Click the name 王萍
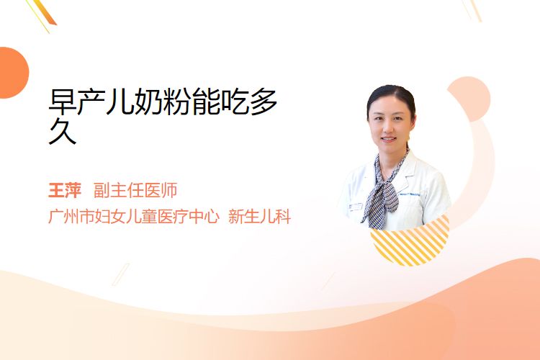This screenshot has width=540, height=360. click(65, 191)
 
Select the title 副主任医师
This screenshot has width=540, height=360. click(135, 191)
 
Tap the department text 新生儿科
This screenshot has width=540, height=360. click(260, 217)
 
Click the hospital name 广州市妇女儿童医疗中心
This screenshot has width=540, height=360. click(134, 217)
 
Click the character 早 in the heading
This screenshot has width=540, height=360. click(63, 102)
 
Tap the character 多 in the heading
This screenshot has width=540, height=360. click(264, 102)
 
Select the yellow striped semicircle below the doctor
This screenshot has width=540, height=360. click(410, 243)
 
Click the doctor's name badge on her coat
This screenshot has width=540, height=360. click(355, 207)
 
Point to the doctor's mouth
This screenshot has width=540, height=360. click(389, 140)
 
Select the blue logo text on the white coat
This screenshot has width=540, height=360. click(409, 194)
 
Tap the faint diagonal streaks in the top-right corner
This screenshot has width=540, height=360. click(472, 10)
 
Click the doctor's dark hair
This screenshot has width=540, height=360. click(391, 96)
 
